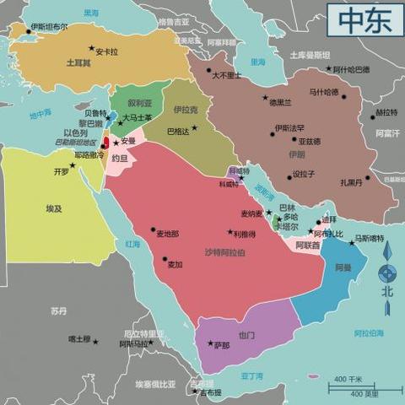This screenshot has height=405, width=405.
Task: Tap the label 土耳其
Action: click(x=78, y=62)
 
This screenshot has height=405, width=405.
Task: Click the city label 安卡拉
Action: click(x=106, y=51)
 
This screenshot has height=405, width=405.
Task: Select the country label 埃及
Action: click(x=54, y=207)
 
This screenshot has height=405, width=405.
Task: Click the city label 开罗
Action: click(x=61, y=171)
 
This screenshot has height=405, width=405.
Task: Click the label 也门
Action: click(x=246, y=335)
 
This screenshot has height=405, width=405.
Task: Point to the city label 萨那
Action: click(x=221, y=345)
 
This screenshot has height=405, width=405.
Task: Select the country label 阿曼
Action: click(x=343, y=267)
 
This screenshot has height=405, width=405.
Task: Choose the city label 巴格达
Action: click(x=179, y=131)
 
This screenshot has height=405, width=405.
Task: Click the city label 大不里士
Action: click(x=226, y=75)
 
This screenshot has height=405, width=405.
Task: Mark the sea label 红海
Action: click(x=132, y=244)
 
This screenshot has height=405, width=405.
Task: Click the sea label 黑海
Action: click(x=90, y=13)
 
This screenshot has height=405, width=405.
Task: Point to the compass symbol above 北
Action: click(x=386, y=272)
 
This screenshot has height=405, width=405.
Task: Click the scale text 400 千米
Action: click(x=348, y=379)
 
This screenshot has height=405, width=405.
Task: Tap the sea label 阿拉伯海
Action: click(x=369, y=332)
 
